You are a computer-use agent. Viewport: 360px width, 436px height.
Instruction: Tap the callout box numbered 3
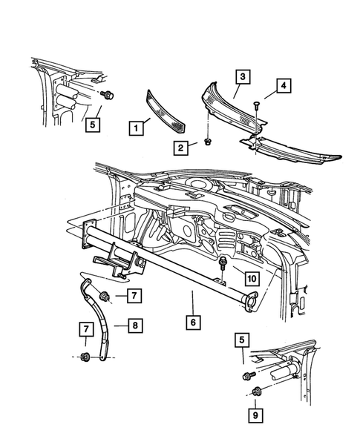pyautogui.click(x=243, y=76)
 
